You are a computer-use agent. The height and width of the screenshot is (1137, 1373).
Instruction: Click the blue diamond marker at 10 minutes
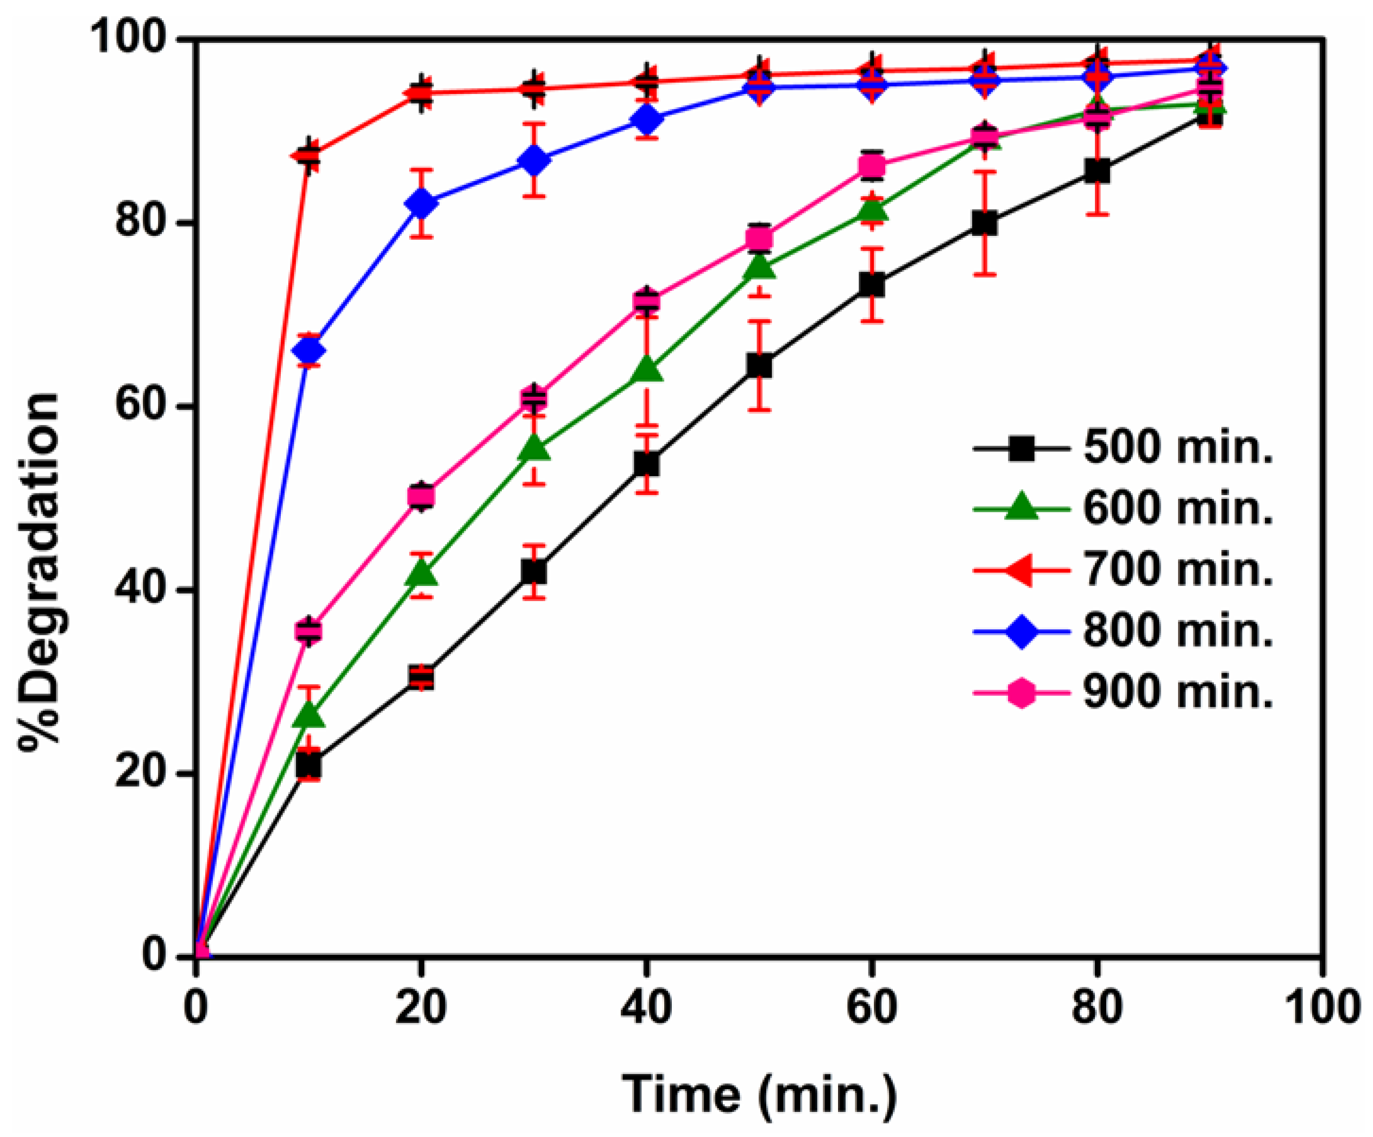308,351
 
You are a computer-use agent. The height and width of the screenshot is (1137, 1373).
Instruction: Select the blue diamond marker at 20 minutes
421,203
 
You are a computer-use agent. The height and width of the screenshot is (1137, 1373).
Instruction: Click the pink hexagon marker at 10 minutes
308,630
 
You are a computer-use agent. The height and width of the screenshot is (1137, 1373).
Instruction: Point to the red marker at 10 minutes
308,155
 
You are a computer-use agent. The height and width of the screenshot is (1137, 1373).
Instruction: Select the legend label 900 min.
1177,691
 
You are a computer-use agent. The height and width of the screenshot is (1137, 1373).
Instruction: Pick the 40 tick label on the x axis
646,1008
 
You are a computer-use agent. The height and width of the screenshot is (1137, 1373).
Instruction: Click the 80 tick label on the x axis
1098,1008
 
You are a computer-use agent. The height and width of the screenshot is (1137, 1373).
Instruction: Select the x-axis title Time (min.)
758,1092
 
